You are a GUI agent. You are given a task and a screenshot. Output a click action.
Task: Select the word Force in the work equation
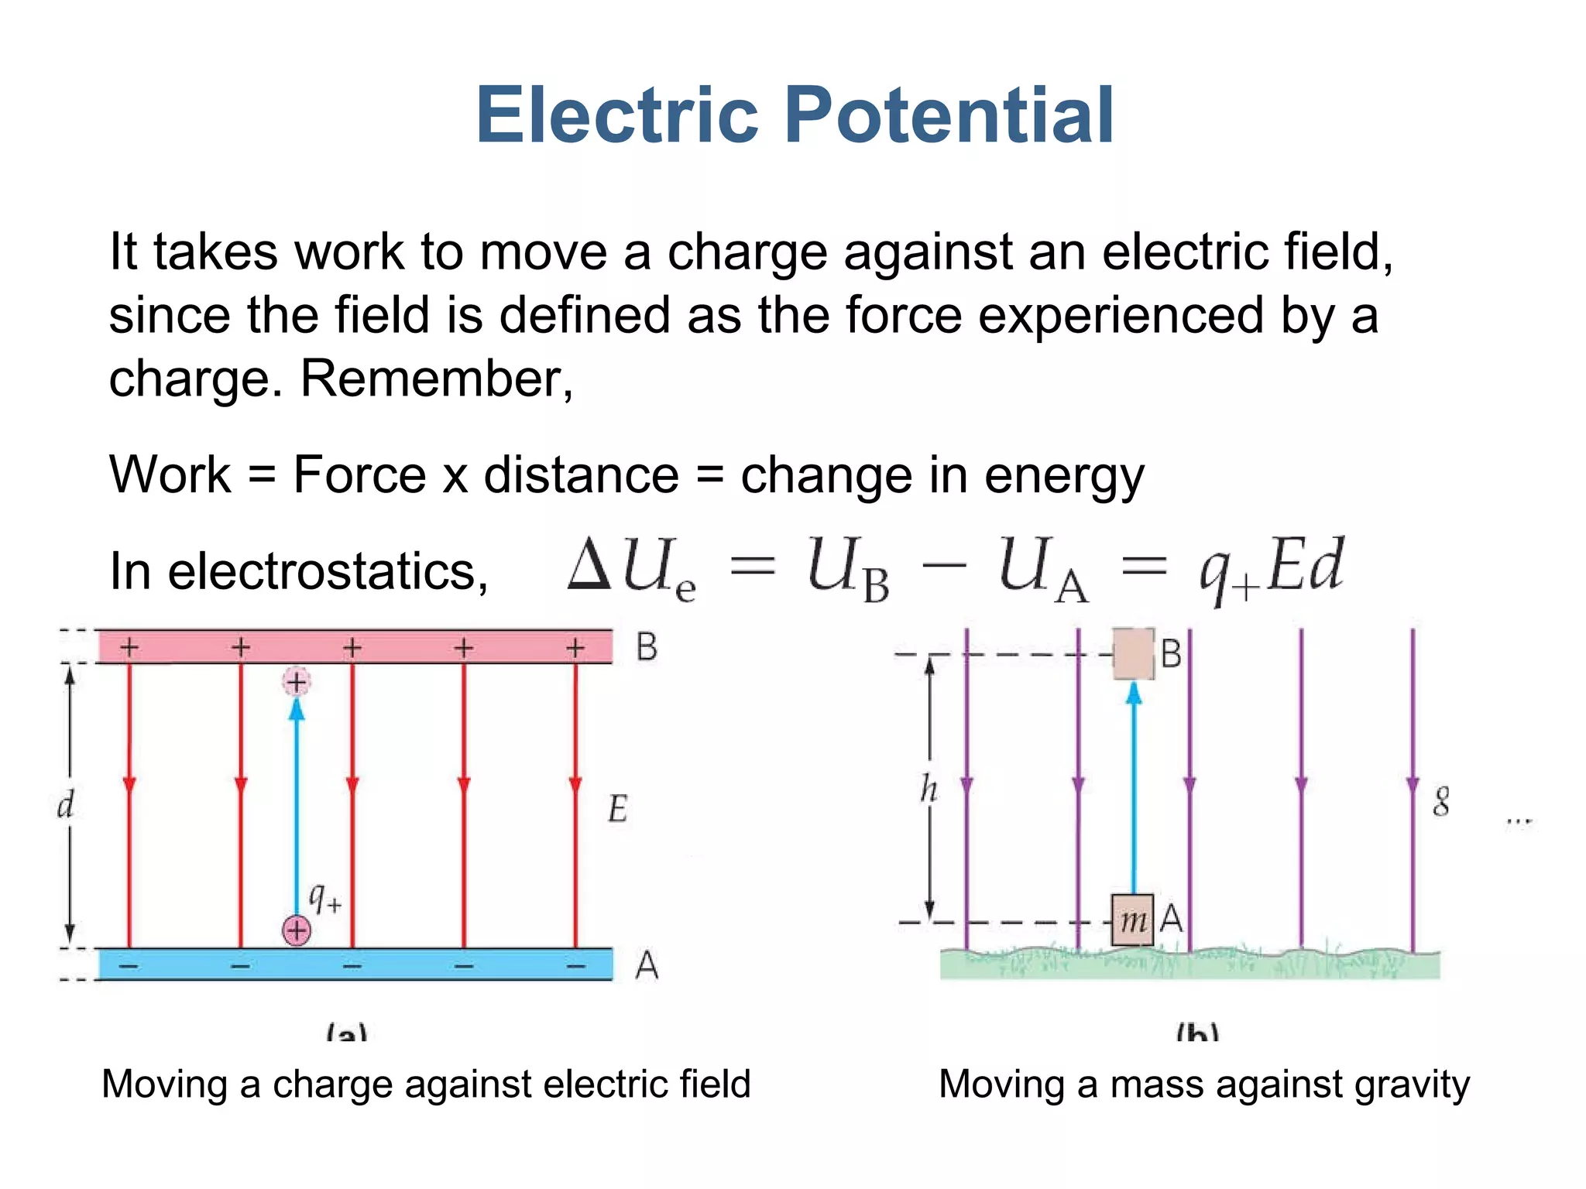point(359,474)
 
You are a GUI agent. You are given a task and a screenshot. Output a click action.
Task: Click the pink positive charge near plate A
point(297,930)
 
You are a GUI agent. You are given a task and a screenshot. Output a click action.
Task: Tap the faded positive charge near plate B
point(297,682)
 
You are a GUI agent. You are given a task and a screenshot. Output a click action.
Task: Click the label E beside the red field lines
point(617,809)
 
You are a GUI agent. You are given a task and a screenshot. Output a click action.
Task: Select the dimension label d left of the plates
point(66,805)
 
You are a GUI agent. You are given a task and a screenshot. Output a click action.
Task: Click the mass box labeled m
point(1133,920)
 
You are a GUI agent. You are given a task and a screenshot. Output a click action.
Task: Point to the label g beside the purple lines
point(1440,801)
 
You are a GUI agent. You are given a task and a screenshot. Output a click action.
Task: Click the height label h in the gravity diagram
point(929,790)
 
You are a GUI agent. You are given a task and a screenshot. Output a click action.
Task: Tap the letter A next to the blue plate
point(647,965)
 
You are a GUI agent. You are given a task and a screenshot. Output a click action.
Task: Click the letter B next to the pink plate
point(647,647)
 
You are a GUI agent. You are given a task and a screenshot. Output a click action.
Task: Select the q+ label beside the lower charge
point(324,898)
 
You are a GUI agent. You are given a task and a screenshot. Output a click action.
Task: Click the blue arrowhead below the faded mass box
point(1134,693)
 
